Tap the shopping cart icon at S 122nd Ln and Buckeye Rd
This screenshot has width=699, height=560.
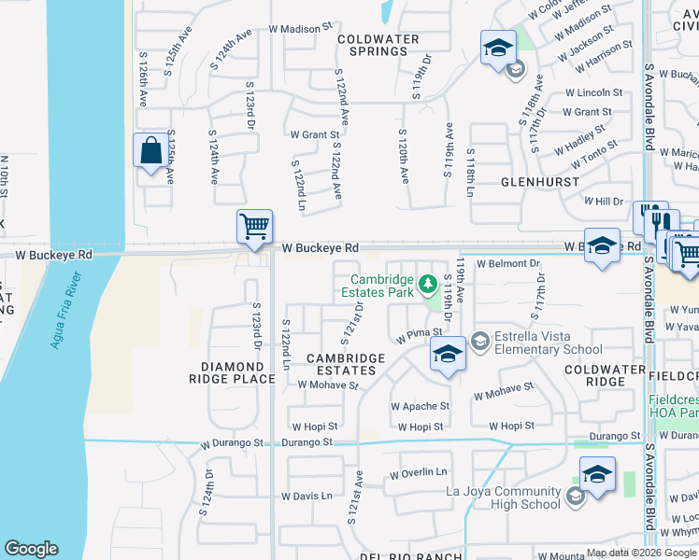click(254, 227)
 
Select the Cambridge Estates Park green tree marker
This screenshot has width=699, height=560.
click(427, 282)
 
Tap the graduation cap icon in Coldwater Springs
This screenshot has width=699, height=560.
click(498, 48)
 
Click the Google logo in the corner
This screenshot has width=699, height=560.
click(32, 549)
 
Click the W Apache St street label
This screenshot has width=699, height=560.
click(420, 407)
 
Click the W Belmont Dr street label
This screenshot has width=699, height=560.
click(508, 264)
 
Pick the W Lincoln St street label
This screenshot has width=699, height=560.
click(593, 92)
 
